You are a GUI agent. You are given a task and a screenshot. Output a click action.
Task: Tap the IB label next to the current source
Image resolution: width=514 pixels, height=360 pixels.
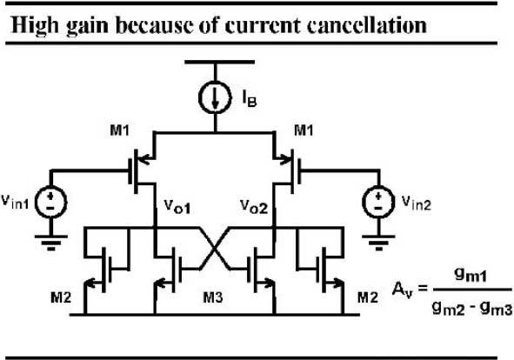coord(250,98)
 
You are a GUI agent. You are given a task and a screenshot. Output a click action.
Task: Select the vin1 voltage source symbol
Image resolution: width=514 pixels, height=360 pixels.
coord(50,202)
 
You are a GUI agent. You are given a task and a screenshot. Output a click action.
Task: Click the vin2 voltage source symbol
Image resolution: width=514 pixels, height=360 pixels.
coord(378,202)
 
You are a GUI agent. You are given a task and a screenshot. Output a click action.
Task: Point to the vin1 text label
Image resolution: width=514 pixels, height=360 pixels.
coord(15,202)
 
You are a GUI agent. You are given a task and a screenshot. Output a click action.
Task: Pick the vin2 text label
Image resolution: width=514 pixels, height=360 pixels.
coord(417,203)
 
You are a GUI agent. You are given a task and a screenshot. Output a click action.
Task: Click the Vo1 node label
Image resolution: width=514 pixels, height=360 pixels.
coord(177,207)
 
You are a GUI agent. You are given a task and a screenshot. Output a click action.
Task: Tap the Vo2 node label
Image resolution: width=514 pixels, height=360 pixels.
coord(254,207)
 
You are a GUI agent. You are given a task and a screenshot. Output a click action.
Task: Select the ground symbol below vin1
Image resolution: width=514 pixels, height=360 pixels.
coord(50,243)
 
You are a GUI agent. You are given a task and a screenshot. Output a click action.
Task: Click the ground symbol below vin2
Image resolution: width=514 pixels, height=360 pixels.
coord(378,243)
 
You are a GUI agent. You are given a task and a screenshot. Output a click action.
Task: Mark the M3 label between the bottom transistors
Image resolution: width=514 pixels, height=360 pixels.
coord(213,297)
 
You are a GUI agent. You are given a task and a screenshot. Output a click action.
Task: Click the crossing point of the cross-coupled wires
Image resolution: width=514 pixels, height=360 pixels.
coord(215,248)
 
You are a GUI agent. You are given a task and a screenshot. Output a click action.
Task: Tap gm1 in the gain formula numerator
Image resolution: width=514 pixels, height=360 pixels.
coord(471,276)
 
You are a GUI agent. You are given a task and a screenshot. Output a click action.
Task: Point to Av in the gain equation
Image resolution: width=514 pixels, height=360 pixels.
coord(402,290)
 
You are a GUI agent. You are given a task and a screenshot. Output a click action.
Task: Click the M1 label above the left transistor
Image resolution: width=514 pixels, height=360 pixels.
coord(120,130)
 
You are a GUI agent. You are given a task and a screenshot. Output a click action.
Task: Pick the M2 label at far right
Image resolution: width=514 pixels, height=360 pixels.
coord(368,297)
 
